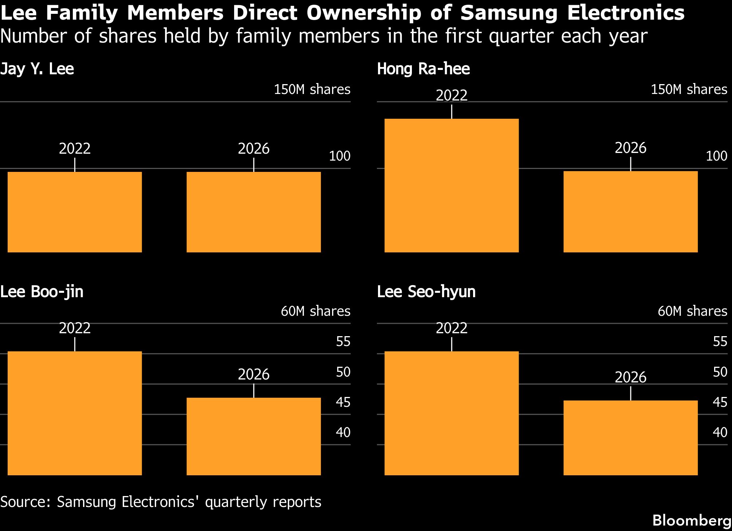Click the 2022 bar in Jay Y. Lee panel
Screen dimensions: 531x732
point(75,212)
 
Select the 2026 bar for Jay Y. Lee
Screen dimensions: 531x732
point(253,212)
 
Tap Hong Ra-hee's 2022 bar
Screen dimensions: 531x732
point(452,185)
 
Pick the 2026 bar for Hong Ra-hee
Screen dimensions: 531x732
point(630,212)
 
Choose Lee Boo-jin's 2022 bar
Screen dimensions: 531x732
point(75,413)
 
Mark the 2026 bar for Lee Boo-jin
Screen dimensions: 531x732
point(253,436)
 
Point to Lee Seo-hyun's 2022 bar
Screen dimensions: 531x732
point(452,413)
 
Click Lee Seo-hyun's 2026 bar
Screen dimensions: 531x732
point(630,438)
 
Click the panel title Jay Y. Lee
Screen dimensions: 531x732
point(37,69)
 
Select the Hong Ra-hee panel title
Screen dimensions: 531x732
point(423,69)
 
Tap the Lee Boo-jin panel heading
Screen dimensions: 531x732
point(42,292)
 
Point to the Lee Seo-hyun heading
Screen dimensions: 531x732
point(426,292)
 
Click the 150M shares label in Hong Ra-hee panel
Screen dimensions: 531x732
point(689,89)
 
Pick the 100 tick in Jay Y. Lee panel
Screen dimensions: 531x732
point(339,156)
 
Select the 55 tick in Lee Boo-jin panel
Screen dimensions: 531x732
point(343,341)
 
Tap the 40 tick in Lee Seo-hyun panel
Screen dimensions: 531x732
point(720,432)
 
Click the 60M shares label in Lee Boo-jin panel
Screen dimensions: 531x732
point(315,311)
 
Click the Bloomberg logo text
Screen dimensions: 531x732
point(692,520)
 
